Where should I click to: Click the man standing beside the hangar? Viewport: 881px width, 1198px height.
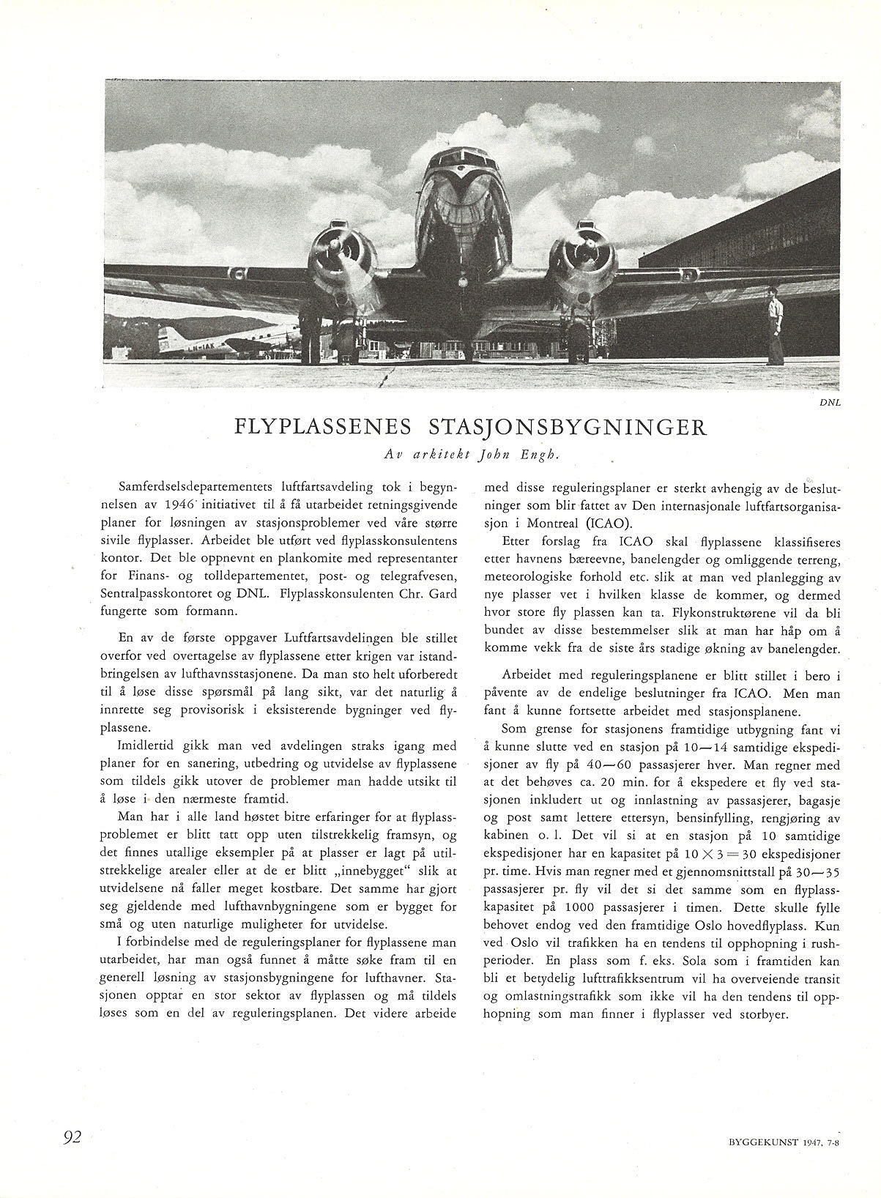click(x=773, y=325)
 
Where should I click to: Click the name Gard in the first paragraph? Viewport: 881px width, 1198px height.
click(x=442, y=592)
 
